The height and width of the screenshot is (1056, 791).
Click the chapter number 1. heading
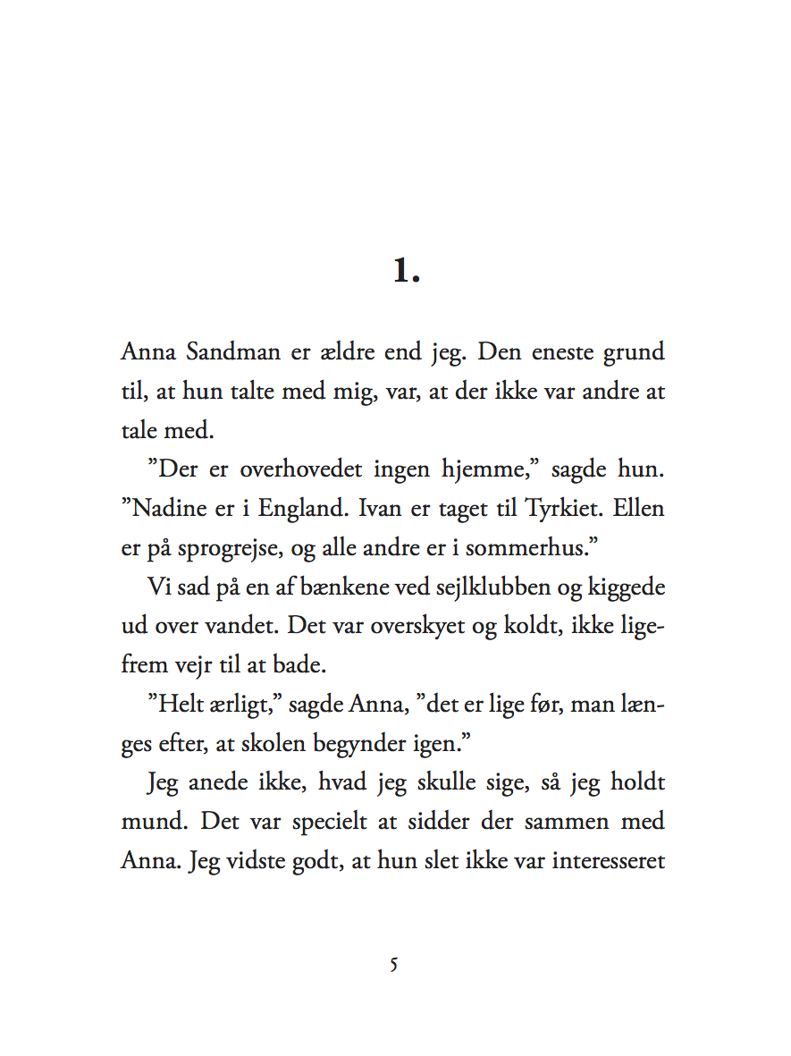[x=407, y=271]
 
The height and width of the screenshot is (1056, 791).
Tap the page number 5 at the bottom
[x=394, y=965]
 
